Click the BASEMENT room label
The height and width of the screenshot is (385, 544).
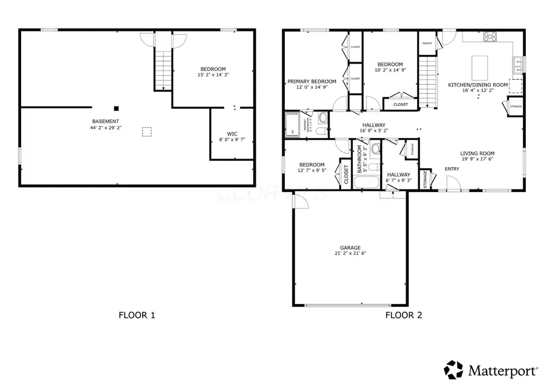point(105,122)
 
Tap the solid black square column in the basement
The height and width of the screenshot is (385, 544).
point(117,108)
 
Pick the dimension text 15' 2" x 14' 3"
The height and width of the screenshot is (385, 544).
point(213,74)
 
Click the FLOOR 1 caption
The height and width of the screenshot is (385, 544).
point(137,315)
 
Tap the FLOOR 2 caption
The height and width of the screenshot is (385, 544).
point(404,315)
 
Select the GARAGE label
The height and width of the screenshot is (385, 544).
point(350,248)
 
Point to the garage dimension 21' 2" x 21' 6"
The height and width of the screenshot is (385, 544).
point(350,254)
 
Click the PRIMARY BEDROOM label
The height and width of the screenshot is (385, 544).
point(311,81)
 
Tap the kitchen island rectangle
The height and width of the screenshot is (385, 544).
point(479,64)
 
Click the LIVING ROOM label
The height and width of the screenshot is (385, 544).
point(478,153)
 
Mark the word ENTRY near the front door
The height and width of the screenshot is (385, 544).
point(452,168)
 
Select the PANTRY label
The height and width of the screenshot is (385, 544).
point(427,43)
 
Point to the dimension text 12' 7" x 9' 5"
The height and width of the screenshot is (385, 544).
point(311,171)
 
